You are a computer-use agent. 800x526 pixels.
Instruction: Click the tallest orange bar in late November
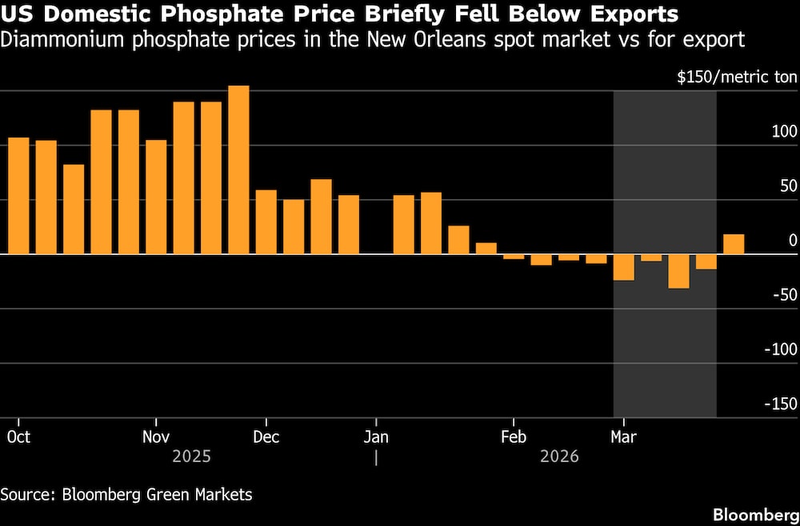coord(238,169)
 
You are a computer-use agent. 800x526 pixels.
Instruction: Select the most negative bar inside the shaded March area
coord(678,271)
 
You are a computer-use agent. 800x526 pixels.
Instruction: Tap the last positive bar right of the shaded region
coord(734,245)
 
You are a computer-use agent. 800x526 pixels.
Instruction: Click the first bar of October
coord(18,196)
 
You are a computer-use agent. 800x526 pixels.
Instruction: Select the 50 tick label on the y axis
coord(788,187)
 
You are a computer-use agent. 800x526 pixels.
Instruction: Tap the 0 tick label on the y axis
coord(793,241)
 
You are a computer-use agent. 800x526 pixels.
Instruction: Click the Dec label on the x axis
coord(266,437)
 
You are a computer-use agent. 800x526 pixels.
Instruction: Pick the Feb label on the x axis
coord(513,437)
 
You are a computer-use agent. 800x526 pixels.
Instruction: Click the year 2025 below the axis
coord(192,457)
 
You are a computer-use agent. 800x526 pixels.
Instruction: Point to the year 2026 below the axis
coord(559,457)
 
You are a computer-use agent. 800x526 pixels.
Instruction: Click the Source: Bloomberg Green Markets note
coord(126,495)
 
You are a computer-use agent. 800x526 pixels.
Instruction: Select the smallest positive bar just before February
coord(486,249)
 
